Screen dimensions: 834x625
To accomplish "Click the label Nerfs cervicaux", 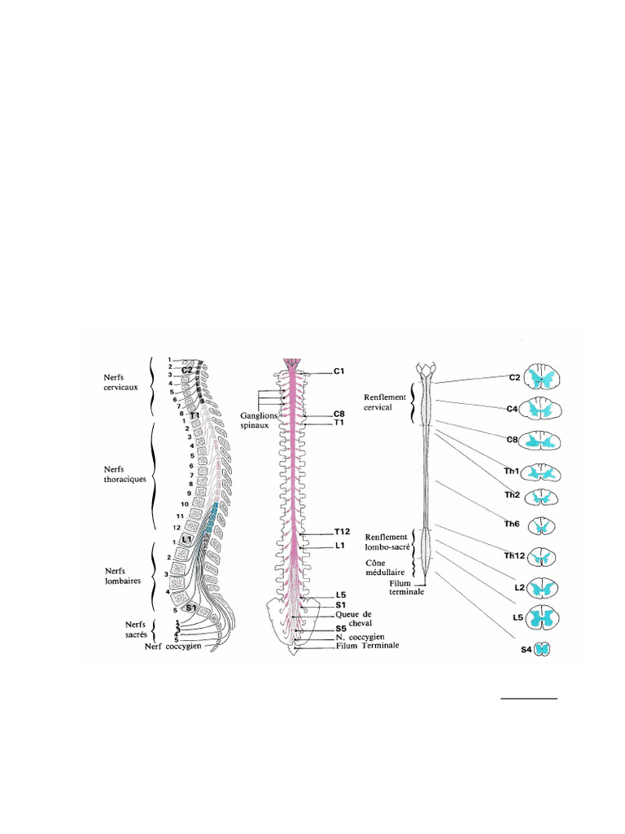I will [120, 382].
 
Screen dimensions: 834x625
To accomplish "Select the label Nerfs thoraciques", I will [124, 474].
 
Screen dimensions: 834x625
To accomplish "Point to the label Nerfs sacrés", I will [129, 628].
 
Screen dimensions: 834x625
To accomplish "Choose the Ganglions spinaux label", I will [258, 419].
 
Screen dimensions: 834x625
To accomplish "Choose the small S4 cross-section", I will [541, 649].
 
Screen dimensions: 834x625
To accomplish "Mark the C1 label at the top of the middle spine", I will [340, 371].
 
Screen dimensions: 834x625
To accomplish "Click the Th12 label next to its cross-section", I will [514, 556].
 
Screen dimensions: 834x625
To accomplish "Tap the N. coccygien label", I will [365, 637].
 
